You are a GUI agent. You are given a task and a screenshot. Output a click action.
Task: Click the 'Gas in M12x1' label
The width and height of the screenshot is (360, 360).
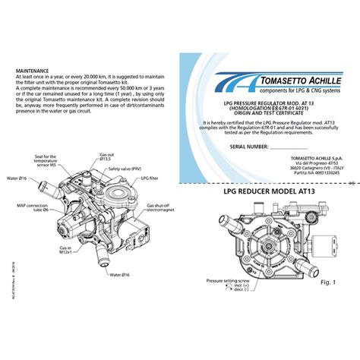(x=65, y=250)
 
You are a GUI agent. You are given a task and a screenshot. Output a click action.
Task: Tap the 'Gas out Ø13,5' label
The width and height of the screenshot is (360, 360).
(x=106, y=157)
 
